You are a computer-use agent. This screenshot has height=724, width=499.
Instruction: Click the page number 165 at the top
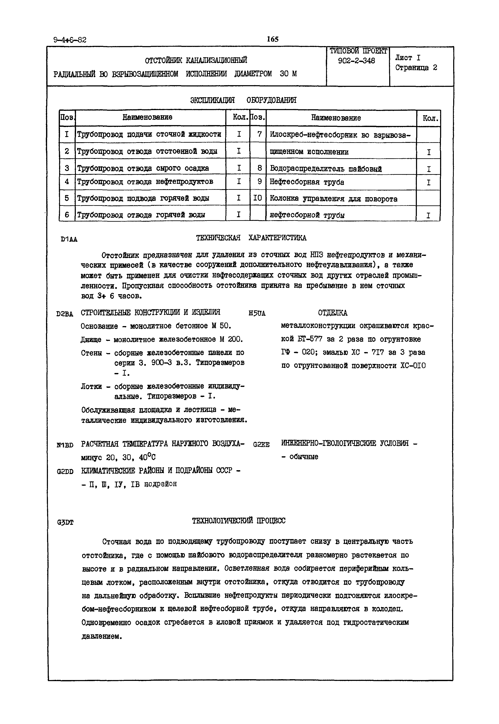[x=272, y=39]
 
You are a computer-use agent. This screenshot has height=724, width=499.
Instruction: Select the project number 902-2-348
[x=356, y=61]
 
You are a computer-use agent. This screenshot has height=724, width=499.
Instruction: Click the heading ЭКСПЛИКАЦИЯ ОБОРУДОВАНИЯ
[x=243, y=100]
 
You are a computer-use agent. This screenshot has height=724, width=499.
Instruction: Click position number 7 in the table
[x=259, y=134]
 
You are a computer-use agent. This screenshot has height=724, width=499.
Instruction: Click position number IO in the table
[x=257, y=198]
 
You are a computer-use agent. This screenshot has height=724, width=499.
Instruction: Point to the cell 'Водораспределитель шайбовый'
[x=325, y=169]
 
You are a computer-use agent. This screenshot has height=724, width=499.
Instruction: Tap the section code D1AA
[x=69, y=240]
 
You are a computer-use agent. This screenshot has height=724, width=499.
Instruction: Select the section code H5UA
[x=257, y=313]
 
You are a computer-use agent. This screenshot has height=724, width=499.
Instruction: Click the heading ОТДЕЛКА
[x=332, y=313]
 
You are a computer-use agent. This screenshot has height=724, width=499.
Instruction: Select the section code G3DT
[x=65, y=522]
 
